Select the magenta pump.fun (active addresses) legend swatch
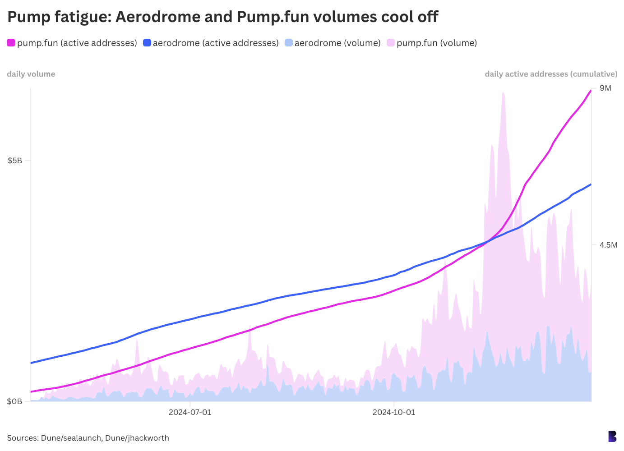(x=11, y=43)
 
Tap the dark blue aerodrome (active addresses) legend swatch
(x=147, y=43)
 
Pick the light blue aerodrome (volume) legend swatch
(x=289, y=43)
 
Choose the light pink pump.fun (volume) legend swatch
(x=391, y=43)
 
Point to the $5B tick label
(x=15, y=161)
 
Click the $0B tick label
(x=15, y=401)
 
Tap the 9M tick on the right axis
(x=606, y=88)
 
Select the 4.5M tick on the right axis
(x=608, y=245)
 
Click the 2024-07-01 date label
(x=190, y=412)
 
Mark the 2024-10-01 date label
(x=394, y=412)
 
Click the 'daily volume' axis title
(x=31, y=74)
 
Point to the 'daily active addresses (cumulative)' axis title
(x=551, y=74)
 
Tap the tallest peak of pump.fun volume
(x=503, y=93)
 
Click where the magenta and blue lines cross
(x=488, y=241)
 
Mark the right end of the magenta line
(x=591, y=91)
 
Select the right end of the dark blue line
(x=591, y=184)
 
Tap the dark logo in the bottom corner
(x=612, y=436)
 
